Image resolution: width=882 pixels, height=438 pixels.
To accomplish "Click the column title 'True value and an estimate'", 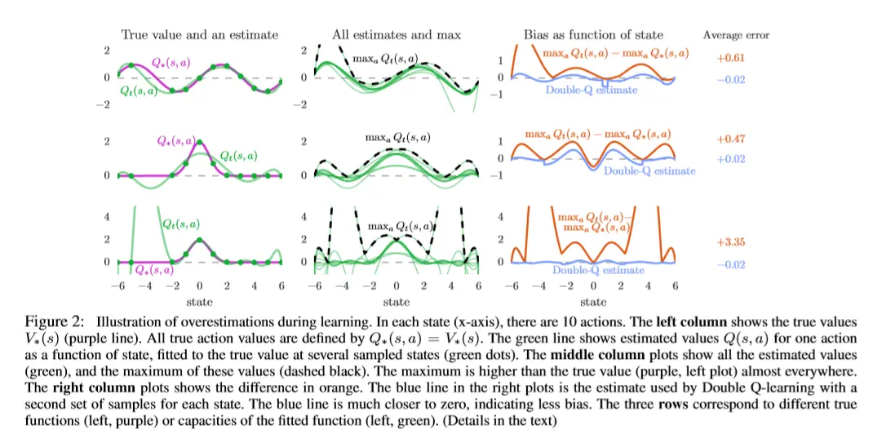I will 199,34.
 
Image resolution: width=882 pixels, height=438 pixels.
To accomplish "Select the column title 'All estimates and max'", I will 396,34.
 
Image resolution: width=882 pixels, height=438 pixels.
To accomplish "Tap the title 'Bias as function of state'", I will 593,34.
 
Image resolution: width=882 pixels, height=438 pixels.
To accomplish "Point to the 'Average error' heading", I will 736,35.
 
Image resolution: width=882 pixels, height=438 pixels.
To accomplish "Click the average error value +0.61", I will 731,60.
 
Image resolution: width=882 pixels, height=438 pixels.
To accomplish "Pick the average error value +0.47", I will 731,139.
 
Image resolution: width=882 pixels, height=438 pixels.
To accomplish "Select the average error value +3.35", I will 731,242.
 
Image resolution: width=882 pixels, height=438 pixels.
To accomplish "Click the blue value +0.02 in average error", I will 731,159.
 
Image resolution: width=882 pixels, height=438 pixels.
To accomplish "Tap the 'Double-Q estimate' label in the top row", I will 592,91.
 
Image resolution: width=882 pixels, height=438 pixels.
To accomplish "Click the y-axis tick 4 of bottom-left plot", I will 109,217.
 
